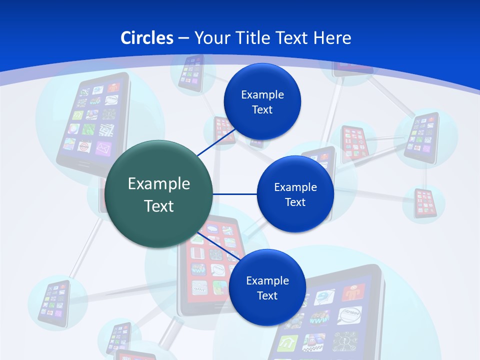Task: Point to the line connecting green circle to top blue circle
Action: [216, 143]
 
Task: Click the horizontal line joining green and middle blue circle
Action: [234, 194]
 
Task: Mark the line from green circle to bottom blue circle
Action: [218, 246]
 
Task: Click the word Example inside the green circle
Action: [158, 183]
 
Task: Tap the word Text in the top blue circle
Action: [262, 109]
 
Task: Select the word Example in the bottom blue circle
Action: [267, 280]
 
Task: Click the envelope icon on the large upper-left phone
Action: [102, 148]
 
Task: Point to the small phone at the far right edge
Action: [426, 202]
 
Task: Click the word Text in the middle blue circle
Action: [295, 202]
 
